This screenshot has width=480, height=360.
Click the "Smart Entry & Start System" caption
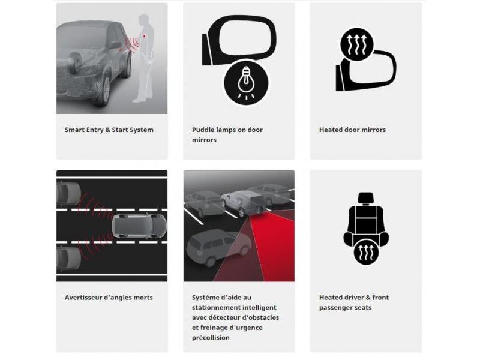click(109, 130)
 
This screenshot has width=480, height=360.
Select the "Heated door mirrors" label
click(352, 130)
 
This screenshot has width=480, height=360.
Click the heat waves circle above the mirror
click(356, 44)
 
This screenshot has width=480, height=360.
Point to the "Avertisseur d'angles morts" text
click(109, 297)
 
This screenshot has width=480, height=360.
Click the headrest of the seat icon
click(366, 198)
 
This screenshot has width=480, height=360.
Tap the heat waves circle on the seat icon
click(366, 253)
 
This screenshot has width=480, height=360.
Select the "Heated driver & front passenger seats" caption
click(354, 302)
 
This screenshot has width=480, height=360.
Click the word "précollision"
click(211, 338)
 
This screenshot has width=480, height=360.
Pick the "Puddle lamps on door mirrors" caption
click(227, 134)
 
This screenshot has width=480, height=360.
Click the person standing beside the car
click(145, 58)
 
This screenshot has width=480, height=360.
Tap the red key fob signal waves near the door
click(133, 44)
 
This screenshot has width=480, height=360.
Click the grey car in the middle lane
click(139, 227)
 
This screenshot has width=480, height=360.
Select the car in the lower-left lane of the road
click(68, 259)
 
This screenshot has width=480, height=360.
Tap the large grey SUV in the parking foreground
click(218, 247)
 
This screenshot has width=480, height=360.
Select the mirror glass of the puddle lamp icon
click(245, 34)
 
